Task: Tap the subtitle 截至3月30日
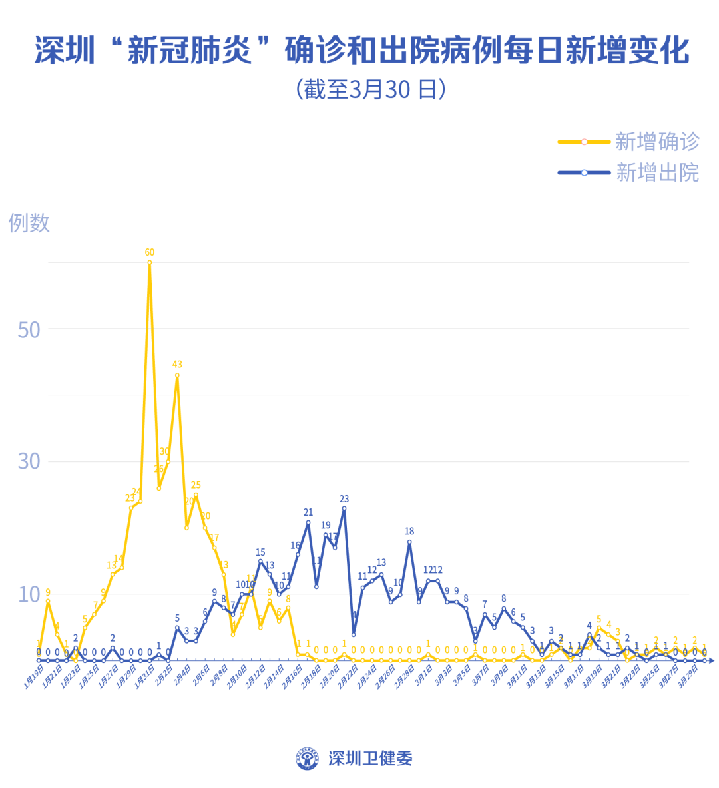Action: (371, 89)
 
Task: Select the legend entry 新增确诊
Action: (656, 142)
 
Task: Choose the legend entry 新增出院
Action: (656, 173)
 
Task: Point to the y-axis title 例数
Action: (29, 223)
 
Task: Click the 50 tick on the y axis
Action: (29, 330)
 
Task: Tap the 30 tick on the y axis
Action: (29, 461)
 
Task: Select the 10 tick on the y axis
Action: (29, 594)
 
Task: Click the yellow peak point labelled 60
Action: (150, 262)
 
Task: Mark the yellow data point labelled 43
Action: (177, 375)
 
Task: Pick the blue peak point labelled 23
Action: (344, 508)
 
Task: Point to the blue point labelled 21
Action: (308, 522)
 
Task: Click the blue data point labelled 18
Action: (409, 542)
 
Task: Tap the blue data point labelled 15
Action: (260, 562)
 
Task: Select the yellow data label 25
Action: (196, 485)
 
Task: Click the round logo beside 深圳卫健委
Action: (308, 758)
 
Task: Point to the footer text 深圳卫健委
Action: (370, 758)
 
